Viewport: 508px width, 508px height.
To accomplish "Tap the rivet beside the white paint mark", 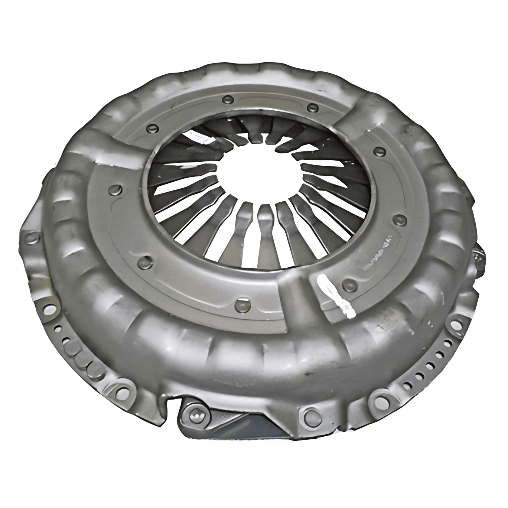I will (351, 283).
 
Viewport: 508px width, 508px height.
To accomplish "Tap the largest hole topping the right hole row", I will (455, 325).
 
